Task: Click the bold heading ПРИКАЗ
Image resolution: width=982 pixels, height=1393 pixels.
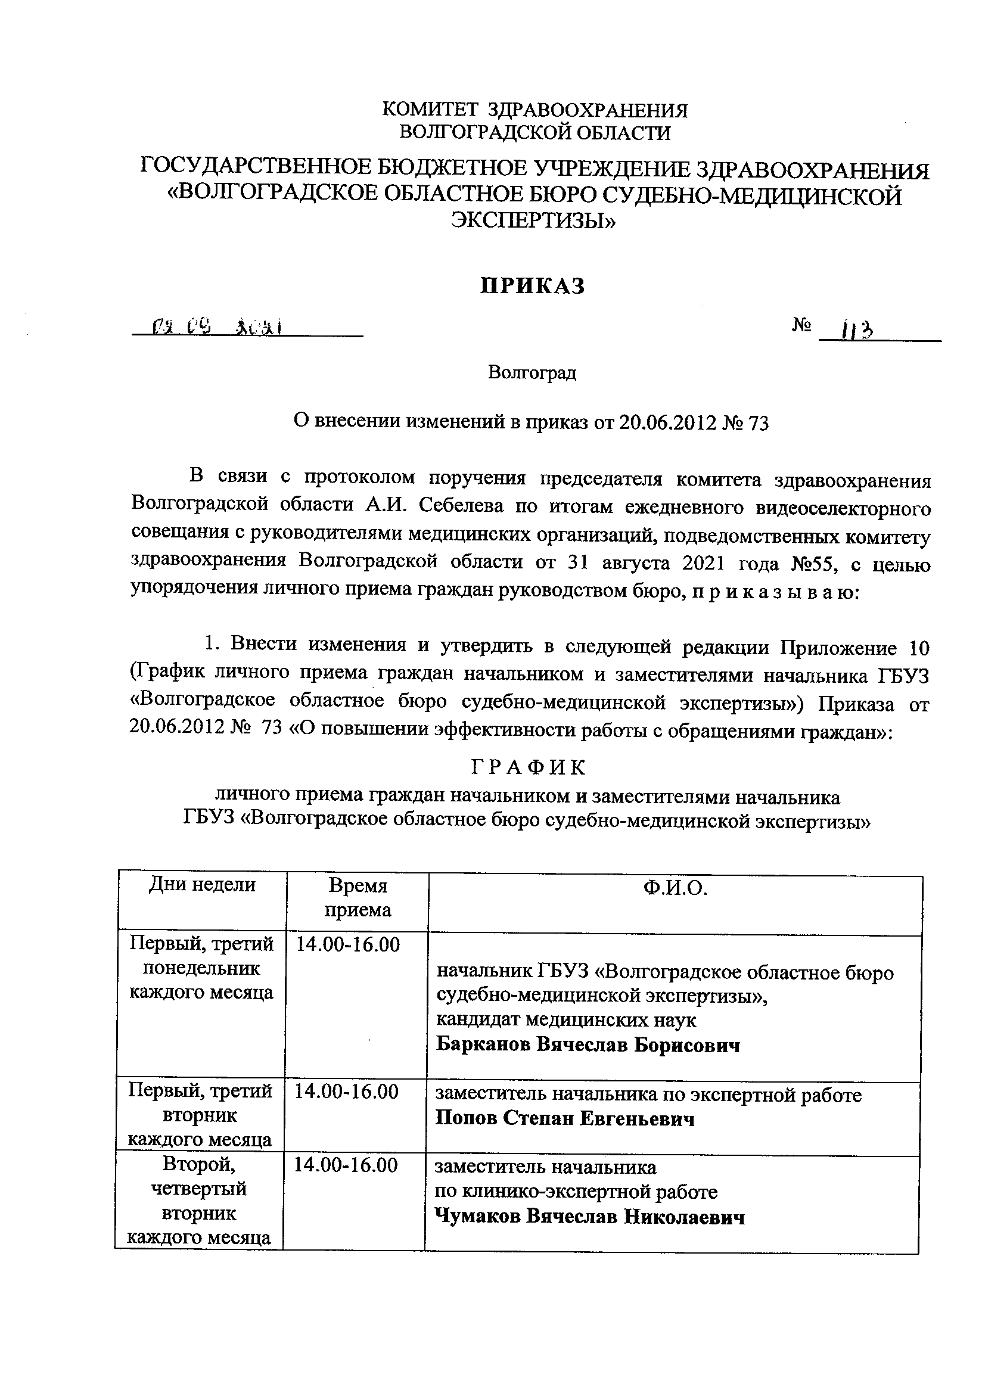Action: pyautogui.click(x=532, y=286)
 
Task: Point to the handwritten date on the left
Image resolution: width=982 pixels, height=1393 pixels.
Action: pyautogui.click(x=210, y=328)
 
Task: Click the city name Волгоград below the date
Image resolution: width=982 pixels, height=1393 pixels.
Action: pyautogui.click(x=532, y=372)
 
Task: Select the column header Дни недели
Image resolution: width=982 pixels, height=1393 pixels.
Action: pyautogui.click(x=202, y=885)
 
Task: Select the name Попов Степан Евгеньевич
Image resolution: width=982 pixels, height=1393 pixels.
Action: pyautogui.click(x=565, y=1118)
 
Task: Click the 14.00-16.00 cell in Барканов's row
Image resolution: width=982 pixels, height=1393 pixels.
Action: pyautogui.click(x=348, y=944)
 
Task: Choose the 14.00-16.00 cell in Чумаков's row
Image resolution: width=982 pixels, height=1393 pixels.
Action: pyautogui.click(x=346, y=1165)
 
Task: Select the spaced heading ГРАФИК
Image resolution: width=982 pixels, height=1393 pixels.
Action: pyautogui.click(x=529, y=768)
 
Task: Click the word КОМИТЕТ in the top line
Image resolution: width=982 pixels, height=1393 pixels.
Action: pyautogui.click(x=429, y=110)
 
